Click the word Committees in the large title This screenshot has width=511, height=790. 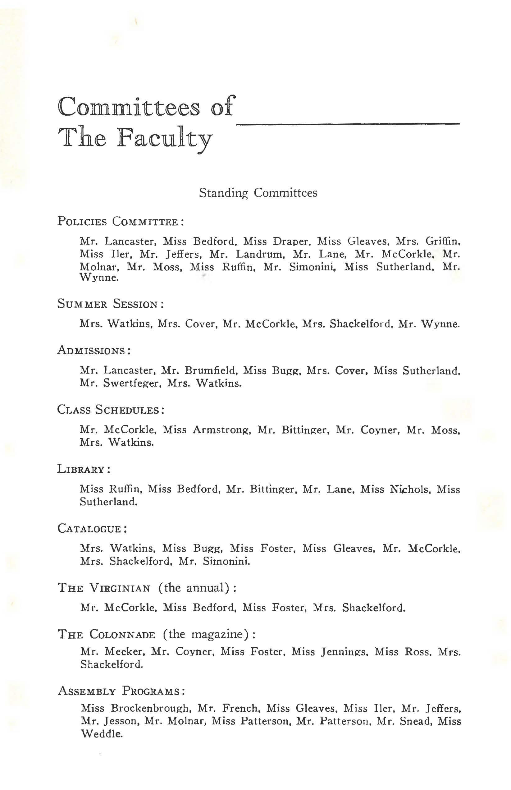(129, 107)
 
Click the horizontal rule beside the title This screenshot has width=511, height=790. (348, 124)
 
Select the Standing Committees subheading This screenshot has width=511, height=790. (258, 193)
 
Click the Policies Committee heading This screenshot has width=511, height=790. (121, 221)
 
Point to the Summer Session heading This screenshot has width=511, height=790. (111, 304)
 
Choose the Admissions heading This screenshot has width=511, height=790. (94, 350)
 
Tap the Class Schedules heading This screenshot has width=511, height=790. (111, 410)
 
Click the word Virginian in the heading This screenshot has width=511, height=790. (120, 589)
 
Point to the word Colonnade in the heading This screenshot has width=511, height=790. (122, 635)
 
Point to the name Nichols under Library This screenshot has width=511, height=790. (410, 489)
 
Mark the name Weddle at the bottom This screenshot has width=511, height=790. (102, 734)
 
